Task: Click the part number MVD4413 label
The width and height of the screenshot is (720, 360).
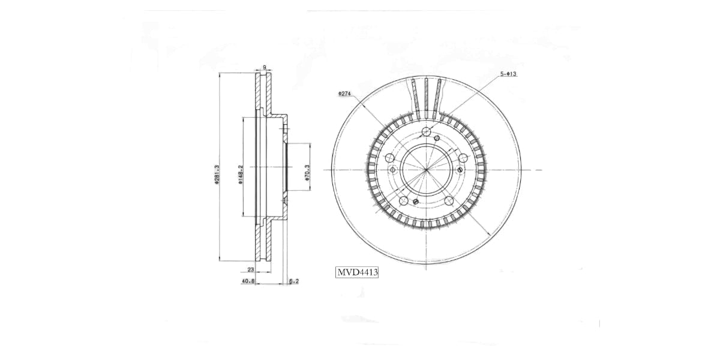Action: tap(357, 272)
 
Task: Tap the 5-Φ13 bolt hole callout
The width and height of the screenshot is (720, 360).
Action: tap(508, 74)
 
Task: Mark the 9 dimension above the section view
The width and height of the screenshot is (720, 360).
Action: tap(264, 67)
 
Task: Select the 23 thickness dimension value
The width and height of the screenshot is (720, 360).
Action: tap(251, 270)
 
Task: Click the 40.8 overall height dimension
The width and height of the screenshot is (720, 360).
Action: tap(247, 280)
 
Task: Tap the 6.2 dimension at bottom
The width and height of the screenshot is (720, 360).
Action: tap(293, 280)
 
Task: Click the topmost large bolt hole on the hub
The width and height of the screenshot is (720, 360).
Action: tap(426, 133)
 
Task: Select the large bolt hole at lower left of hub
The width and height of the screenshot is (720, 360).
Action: tap(404, 200)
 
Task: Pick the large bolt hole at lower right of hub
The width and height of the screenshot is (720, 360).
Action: tap(448, 200)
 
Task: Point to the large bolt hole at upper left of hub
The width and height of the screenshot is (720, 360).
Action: tap(389, 158)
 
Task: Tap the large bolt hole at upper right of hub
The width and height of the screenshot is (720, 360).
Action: tap(463, 158)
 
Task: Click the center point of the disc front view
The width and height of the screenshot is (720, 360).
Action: tap(426, 170)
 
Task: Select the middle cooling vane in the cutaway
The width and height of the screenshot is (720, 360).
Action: tap(426, 96)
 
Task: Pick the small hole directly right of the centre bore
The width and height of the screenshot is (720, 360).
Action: tap(460, 170)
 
